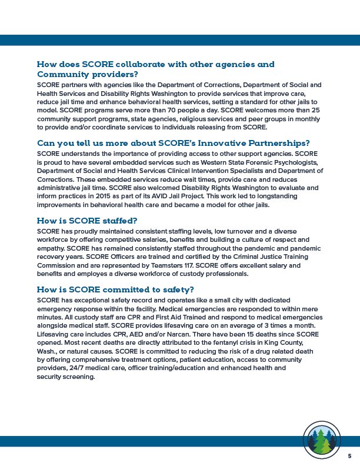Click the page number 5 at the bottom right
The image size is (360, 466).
(x=349, y=456)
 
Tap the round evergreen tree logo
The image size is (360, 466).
(x=321, y=438)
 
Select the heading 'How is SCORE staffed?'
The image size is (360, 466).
(x=87, y=221)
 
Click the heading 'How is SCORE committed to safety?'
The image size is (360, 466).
(x=115, y=289)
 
